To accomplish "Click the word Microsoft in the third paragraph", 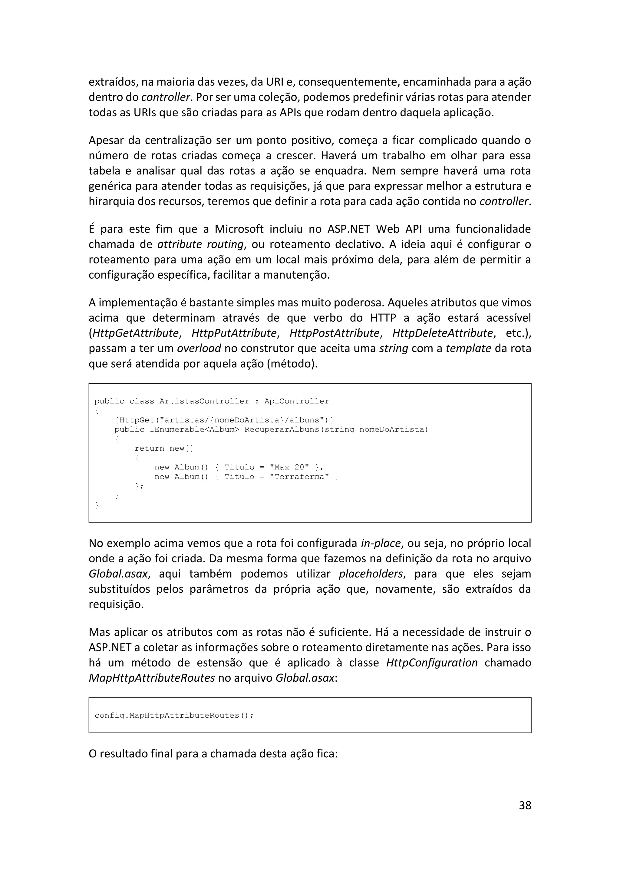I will [x=239, y=229].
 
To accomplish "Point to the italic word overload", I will [x=199, y=348].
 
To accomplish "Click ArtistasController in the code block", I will [x=204, y=401].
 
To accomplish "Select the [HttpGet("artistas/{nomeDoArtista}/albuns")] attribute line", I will [x=224, y=420].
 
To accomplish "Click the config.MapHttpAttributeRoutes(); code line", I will [x=174, y=715].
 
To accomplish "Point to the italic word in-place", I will [x=381, y=543].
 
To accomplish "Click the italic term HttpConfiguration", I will [x=432, y=662].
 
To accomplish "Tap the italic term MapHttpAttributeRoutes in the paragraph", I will [x=152, y=678].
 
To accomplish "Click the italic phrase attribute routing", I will [x=200, y=244].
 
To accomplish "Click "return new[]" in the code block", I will [x=164, y=448].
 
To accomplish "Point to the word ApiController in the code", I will [x=297, y=401].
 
